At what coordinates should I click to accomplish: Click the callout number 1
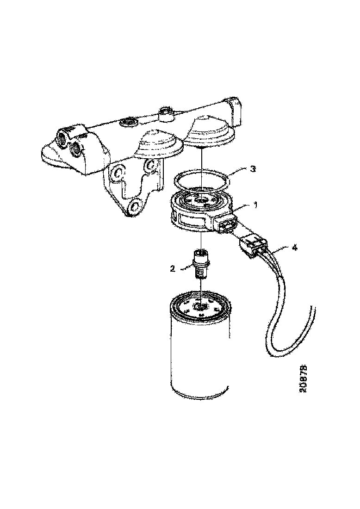pyautogui.click(x=255, y=205)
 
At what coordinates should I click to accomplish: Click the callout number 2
pyautogui.click(x=173, y=268)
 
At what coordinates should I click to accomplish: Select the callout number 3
pyautogui.click(x=253, y=169)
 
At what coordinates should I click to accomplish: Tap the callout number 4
pyautogui.click(x=294, y=248)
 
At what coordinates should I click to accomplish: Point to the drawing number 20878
pyautogui.click(x=304, y=379)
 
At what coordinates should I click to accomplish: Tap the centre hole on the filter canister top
pyautogui.click(x=200, y=306)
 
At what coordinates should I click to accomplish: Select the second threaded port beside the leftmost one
pyautogui.click(x=77, y=149)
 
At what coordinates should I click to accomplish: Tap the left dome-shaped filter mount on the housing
pyautogui.click(x=159, y=143)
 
